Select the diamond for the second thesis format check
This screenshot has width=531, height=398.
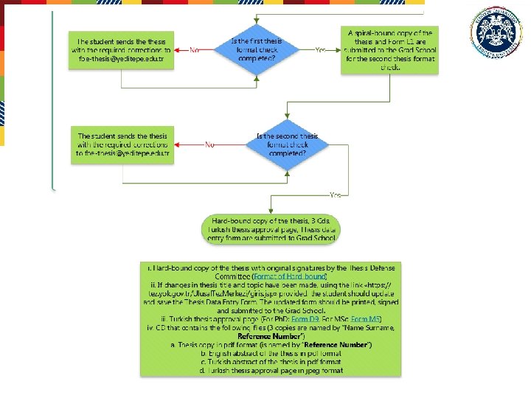tap(287, 145)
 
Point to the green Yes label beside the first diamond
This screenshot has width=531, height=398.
tap(320, 50)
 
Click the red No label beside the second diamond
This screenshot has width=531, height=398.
tap(209, 145)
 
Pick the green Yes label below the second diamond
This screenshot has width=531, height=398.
tap(335, 195)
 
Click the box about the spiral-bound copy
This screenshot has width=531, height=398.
tap(389, 50)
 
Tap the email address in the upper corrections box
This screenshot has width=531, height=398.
tap(121, 59)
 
